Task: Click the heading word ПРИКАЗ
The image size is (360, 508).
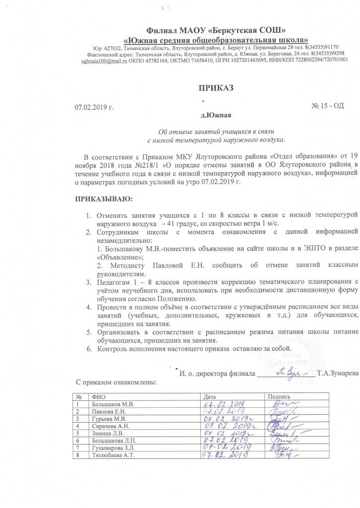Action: (x=216, y=88)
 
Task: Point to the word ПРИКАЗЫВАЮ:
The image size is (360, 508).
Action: (x=104, y=199)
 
